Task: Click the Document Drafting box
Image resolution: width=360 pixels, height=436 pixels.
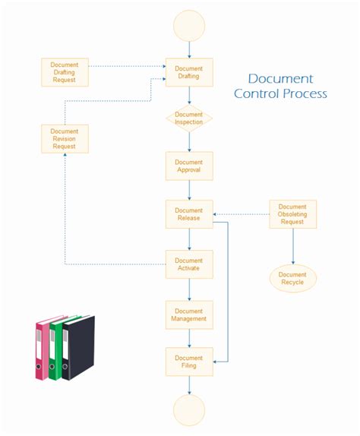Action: click(x=189, y=72)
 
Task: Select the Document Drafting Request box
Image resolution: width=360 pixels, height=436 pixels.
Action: click(x=65, y=72)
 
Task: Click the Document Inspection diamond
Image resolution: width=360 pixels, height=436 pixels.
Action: click(x=189, y=118)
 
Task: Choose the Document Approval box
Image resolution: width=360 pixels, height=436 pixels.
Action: click(x=189, y=166)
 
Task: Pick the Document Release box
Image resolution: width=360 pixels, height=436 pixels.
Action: click(x=189, y=214)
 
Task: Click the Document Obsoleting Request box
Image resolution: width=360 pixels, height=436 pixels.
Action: click(x=292, y=214)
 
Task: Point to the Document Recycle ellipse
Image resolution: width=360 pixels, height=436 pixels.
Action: click(x=292, y=279)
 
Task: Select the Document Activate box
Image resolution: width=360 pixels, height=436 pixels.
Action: click(x=189, y=263)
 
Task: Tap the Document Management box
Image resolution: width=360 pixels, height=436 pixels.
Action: click(x=189, y=314)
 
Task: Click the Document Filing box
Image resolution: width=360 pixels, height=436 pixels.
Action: click(x=189, y=362)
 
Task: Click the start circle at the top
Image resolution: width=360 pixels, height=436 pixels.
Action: click(x=189, y=25)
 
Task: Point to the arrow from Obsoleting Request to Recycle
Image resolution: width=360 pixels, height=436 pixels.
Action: click(x=292, y=246)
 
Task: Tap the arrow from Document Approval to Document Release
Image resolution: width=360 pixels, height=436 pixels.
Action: click(x=189, y=190)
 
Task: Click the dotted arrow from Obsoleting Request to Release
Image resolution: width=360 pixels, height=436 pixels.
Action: click(x=242, y=214)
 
